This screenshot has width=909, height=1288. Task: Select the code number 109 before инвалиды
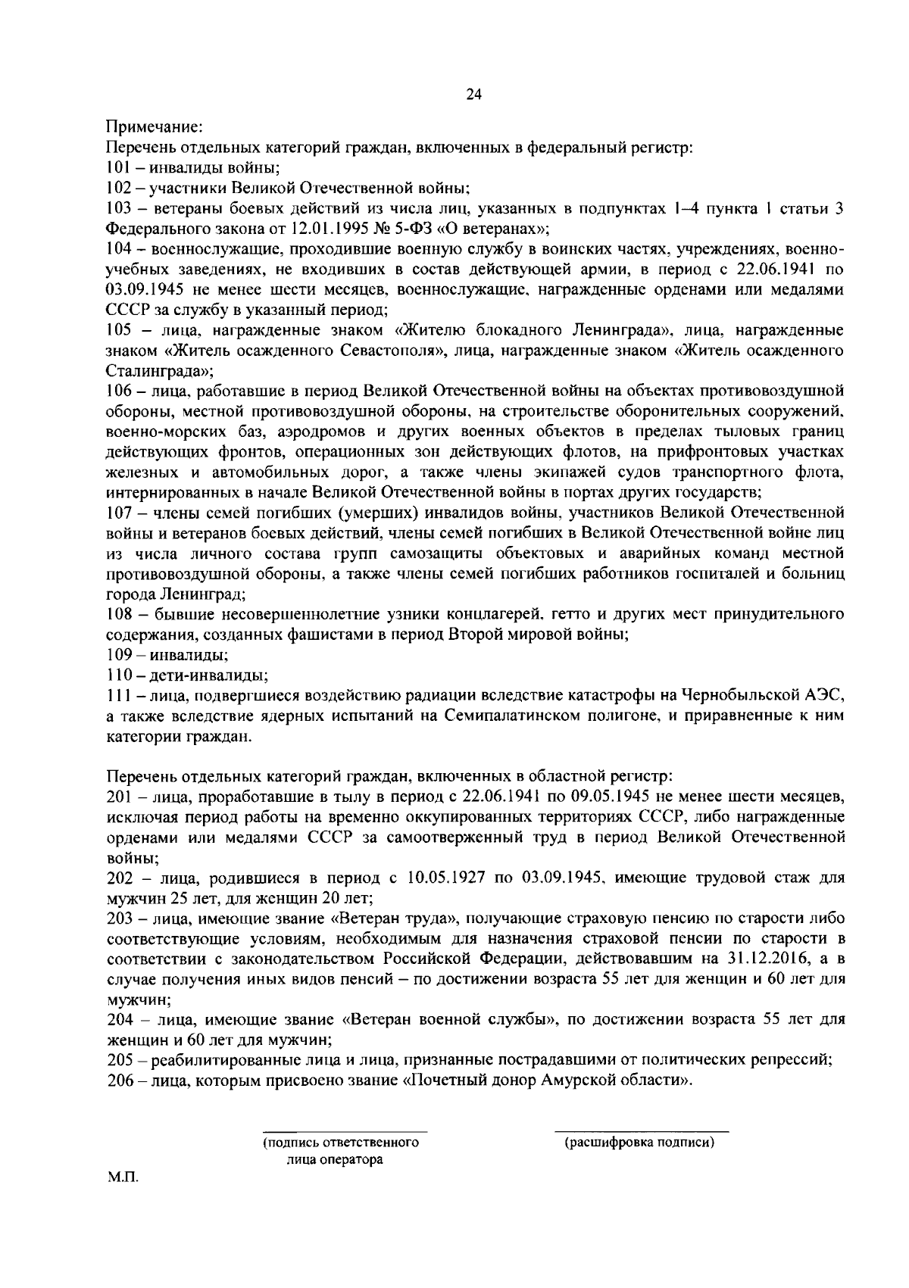118,654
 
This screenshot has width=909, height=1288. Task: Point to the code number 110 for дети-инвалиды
118,674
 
